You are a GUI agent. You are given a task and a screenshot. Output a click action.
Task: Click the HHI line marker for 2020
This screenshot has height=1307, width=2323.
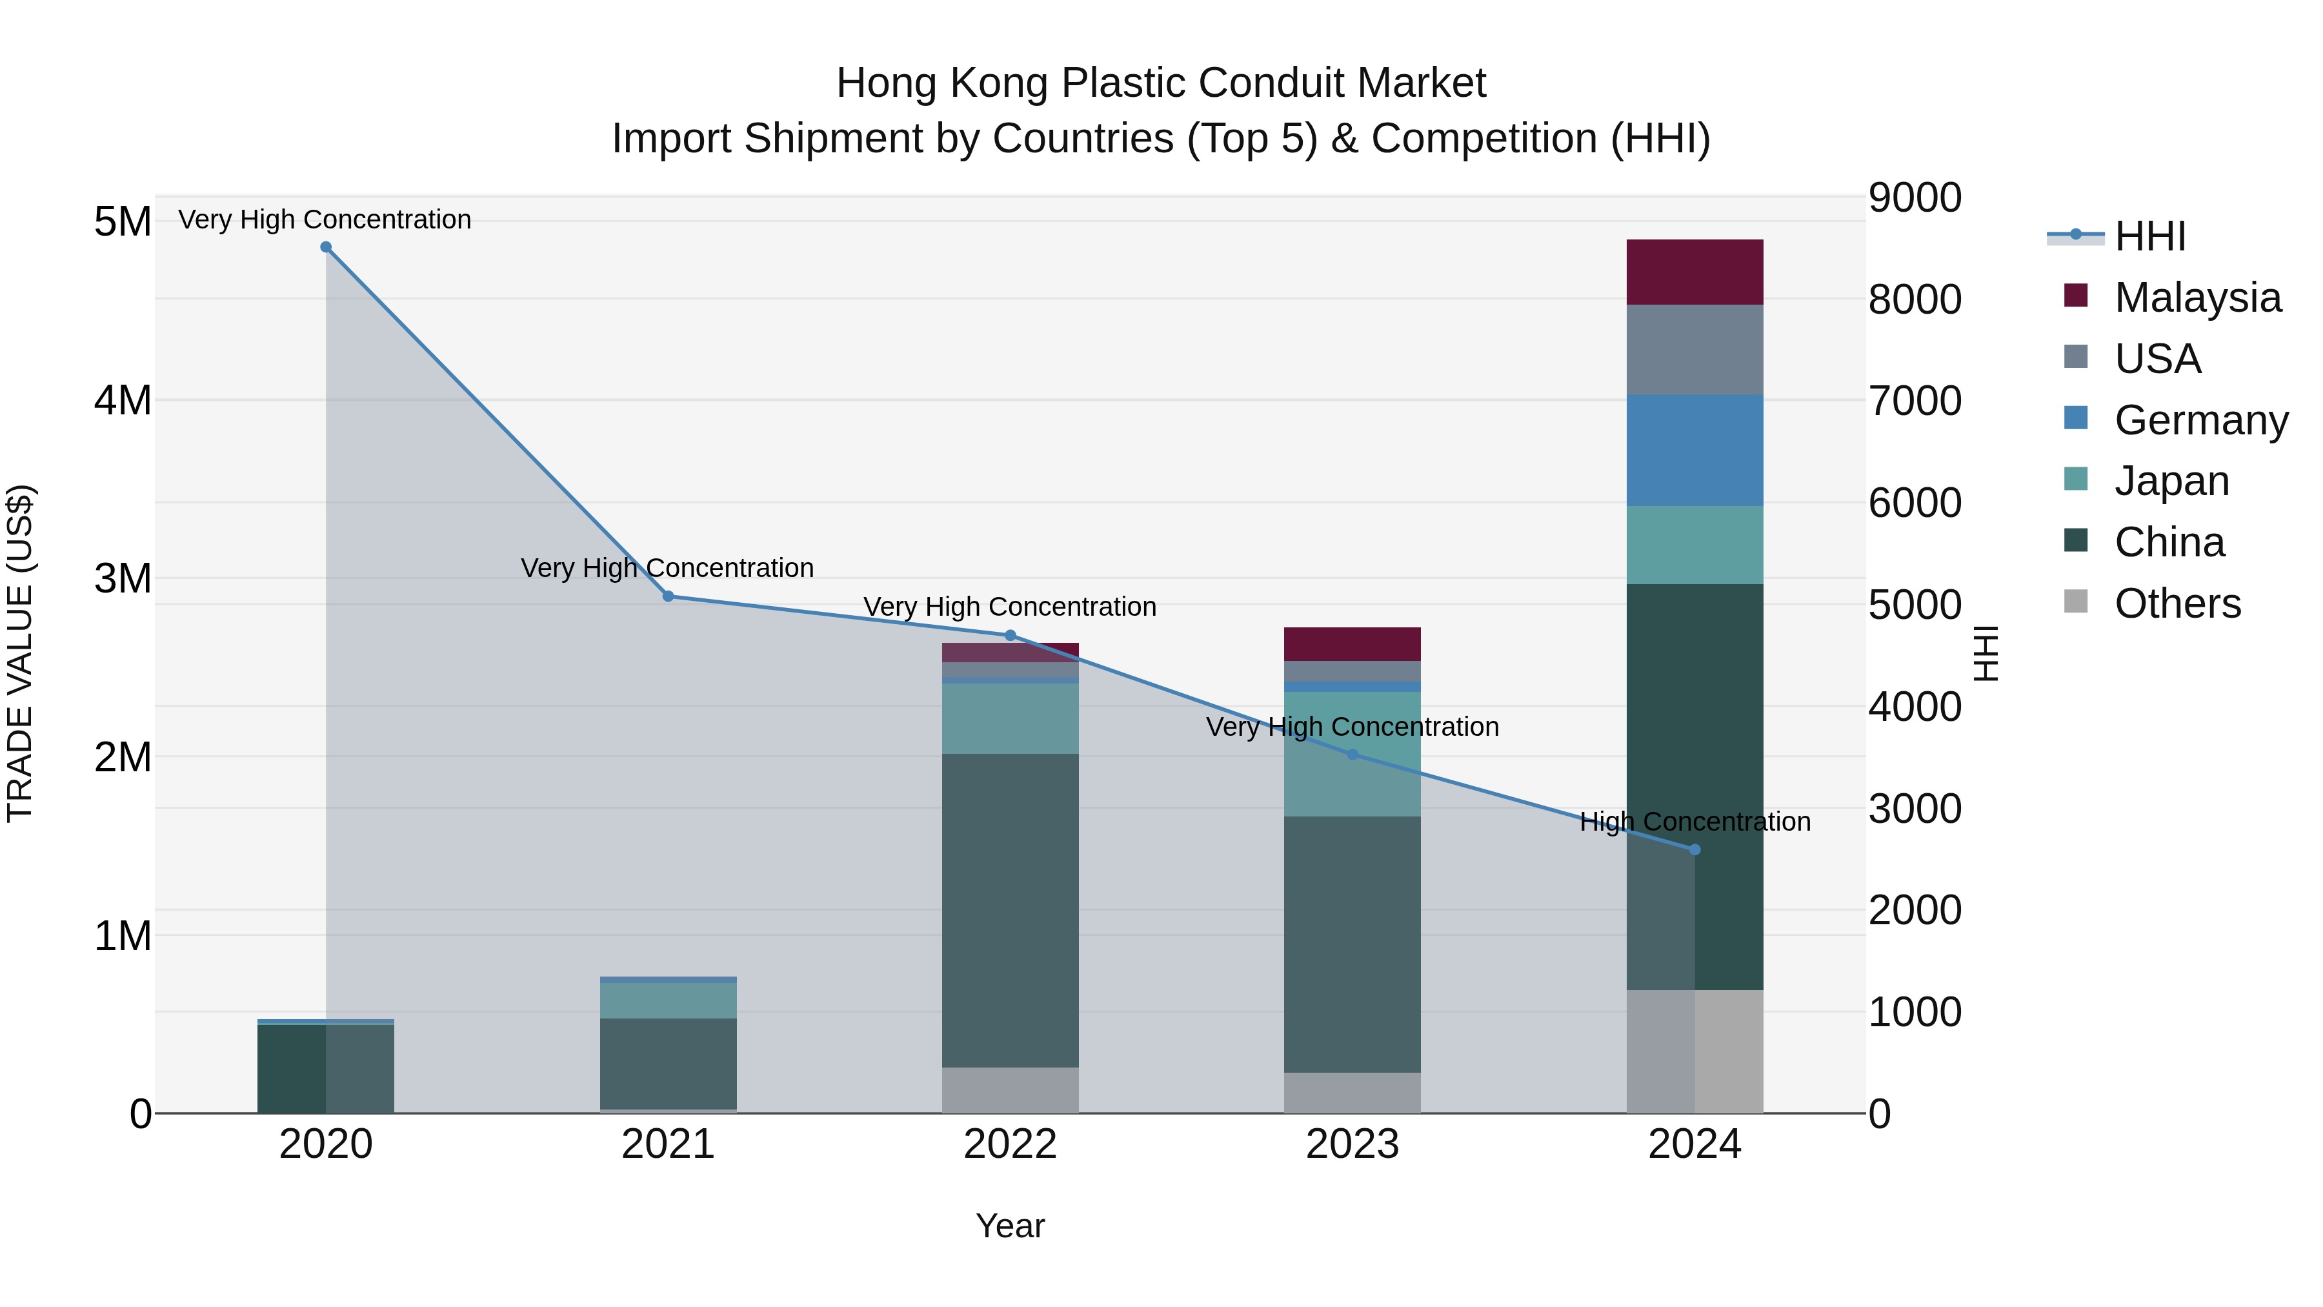tap(326, 247)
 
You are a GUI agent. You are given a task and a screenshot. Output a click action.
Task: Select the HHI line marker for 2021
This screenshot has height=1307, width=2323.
tap(669, 596)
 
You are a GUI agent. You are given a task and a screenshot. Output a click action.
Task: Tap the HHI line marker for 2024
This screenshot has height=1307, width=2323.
tap(1694, 849)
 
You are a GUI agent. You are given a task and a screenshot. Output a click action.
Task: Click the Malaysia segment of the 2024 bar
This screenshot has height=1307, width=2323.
tap(1694, 272)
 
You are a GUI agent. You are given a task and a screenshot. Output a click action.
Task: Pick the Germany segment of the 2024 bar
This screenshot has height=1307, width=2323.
tap(1694, 450)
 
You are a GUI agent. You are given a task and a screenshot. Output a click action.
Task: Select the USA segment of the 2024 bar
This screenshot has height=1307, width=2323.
tap(1694, 350)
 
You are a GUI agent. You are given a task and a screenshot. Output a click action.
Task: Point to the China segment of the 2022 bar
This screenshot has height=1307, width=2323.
tap(1010, 911)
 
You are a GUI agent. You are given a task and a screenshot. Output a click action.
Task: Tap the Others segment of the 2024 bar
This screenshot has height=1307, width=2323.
tap(1694, 1052)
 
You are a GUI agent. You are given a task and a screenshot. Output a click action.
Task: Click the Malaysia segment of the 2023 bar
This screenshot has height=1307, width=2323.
tap(1352, 644)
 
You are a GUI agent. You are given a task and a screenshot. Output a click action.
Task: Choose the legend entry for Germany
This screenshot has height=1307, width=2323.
tap(2200, 420)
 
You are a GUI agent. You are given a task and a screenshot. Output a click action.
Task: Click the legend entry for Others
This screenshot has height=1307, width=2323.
tap(2177, 603)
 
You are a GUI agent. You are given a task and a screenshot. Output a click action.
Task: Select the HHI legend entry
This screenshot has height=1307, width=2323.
tap(2150, 236)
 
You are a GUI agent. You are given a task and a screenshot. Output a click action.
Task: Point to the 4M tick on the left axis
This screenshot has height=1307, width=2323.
tap(123, 400)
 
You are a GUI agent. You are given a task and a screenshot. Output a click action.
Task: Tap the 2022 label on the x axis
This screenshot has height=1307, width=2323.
tap(1010, 1144)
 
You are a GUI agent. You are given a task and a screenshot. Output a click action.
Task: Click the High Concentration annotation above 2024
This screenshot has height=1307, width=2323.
tap(1694, 822)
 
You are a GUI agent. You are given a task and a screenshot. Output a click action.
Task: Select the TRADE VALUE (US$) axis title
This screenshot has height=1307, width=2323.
tap(20, 653)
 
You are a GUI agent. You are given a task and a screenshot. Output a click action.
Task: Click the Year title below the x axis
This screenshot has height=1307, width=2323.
tap(1010, 1226)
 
